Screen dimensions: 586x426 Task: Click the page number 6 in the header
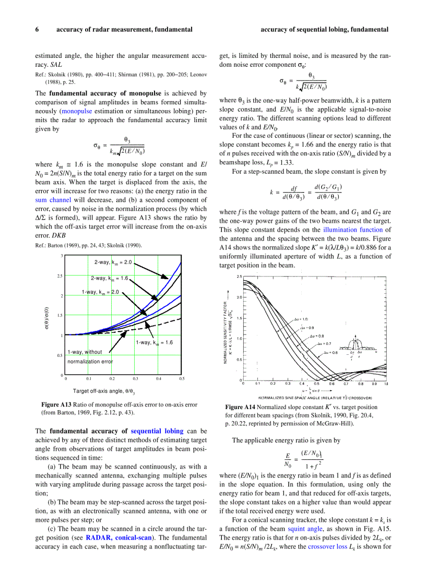37,30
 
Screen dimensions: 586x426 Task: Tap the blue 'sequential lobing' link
157,431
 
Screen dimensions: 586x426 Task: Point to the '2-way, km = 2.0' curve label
113,262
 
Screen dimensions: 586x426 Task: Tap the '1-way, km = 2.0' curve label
100,292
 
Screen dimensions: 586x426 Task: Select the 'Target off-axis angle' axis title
104,391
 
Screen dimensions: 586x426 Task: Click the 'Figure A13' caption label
56,404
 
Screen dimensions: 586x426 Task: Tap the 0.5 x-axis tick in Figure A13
182,379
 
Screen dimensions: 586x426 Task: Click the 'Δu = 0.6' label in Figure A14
330,353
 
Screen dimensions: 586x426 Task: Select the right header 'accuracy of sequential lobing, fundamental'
324,30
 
